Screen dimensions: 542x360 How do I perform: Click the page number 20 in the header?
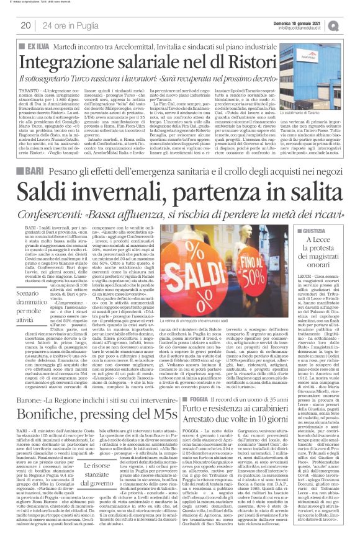[x=25, y=24]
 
